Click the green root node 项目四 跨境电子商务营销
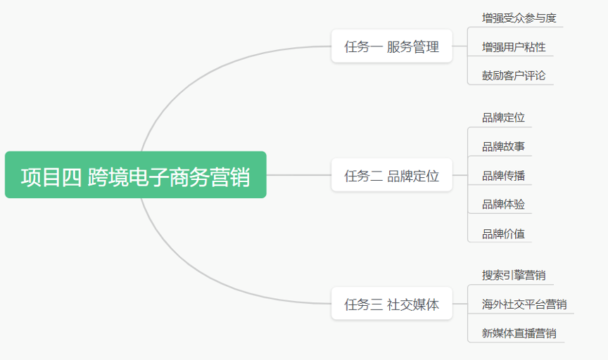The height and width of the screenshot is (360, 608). [135, 175]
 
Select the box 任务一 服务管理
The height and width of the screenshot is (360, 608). [392, 46]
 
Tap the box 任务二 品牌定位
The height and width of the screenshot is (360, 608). [392, 175]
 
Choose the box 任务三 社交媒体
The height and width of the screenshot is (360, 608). [392, 304]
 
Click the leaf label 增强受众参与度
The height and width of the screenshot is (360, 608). [519, 18]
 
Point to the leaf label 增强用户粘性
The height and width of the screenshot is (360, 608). [514, 47]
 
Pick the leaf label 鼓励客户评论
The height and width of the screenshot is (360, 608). [514, 75]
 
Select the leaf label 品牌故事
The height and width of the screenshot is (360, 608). [503, 146]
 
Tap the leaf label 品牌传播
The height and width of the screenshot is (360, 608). [503, 176]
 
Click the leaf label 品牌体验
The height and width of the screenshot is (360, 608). [503, 204]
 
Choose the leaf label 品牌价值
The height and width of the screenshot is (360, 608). [503, 233]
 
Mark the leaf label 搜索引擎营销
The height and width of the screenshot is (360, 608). [514, 275]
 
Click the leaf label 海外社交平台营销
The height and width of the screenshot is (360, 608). [524, 304]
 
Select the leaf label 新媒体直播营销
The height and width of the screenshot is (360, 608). [519, 333]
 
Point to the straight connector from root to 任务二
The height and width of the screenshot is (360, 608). [299, 175]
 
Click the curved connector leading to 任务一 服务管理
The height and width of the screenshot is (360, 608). [205, 74]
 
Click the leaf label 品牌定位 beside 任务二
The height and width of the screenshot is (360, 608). [503, 117]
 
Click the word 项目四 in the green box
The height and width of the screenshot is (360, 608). [51, 177]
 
